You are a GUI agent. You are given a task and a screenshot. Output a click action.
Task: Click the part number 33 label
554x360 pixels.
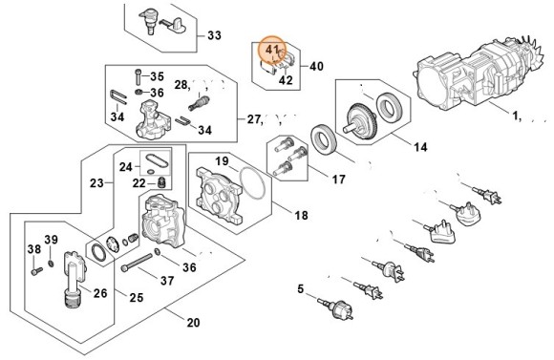(214, 35)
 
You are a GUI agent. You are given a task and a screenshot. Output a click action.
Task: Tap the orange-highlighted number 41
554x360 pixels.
(272, 50)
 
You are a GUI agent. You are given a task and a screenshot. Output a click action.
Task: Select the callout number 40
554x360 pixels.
(316, 66)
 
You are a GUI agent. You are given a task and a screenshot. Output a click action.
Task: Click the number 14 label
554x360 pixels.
(420, 147)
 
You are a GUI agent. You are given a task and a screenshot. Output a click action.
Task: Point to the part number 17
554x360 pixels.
(338, 180)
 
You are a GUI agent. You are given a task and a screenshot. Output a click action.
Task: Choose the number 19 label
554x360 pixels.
(222, 161)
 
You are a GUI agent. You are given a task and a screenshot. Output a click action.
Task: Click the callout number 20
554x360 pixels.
(193, 322)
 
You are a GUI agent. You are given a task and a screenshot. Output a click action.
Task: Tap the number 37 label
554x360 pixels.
(167, 281)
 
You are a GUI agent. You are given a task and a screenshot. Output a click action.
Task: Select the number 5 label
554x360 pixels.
(300, 289)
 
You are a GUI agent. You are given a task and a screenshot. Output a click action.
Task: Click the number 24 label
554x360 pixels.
(125, 167)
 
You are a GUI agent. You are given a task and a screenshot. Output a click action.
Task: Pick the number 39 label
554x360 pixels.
(51, 240)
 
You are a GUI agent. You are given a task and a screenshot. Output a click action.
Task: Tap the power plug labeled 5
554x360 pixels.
(335, 308)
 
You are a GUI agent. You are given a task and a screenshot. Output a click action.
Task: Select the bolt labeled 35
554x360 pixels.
(138, 76)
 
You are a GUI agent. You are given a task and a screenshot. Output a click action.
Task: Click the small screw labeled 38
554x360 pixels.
(36, 271)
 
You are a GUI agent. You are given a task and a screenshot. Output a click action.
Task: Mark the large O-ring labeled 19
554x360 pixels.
(252, 182)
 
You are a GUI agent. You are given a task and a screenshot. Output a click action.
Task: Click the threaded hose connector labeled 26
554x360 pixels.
(74, 280)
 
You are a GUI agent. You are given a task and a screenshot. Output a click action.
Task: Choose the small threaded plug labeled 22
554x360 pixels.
(161, 182)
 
